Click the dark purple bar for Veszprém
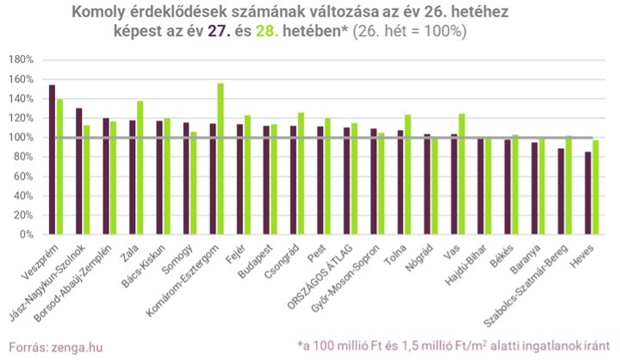point(53,159)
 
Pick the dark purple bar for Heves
point(588,193)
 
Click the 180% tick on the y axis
point(21,60)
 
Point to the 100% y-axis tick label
point(21,138)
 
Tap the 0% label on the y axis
point(26,234)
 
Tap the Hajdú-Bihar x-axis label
point(491,263)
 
